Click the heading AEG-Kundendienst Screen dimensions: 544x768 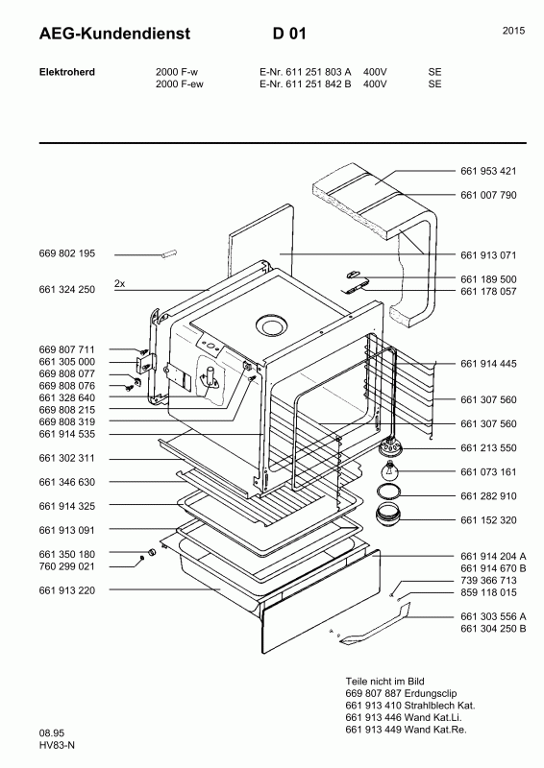point(114,34)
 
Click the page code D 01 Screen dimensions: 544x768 point(289,34)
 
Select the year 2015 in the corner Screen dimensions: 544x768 point(513,31)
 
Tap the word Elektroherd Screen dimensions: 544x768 point(66,72)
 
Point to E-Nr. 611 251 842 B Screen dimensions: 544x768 point(305,84)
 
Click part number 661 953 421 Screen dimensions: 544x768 point(488,171)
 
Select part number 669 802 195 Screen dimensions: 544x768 point(66,253)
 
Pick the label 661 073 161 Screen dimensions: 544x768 point(488,472)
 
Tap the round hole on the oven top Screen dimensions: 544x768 point(270,324)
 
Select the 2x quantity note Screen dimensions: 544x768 point(120,283)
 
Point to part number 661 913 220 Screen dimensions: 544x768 point(66,590)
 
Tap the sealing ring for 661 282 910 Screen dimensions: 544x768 point(388,492)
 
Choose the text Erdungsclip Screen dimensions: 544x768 point(431,693)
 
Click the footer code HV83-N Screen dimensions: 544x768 point(57,746)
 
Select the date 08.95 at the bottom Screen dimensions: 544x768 point(52,733)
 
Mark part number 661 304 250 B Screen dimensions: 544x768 point(493,629)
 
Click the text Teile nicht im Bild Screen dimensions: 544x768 point(385,682)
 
